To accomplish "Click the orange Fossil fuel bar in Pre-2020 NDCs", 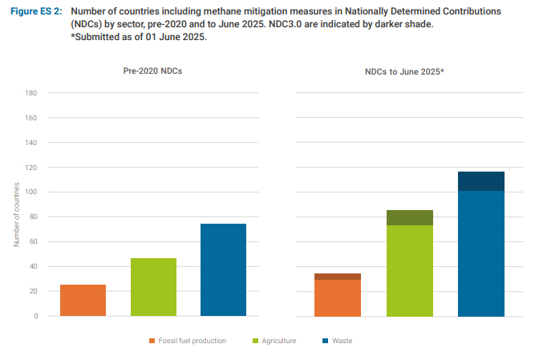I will coord(83,300).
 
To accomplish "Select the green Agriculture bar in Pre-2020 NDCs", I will coord(153,286).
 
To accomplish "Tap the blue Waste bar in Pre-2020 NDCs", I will coord(223,269).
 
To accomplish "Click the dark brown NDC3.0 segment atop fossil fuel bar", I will coord(338,277).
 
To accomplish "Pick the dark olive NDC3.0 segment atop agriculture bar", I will coord(409,217).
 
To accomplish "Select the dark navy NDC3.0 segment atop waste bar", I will coord(481,181).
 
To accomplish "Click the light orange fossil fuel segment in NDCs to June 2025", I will coord(338,297).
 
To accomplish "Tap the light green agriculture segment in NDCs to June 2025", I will coord(409,270).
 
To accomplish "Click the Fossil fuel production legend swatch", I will coord(151,341).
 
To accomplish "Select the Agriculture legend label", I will coord(278,341).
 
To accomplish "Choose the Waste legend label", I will coord(342,341).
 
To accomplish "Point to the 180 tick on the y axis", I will coord(32,93).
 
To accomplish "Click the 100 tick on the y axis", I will coord(32,192).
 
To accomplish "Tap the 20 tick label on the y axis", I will coord(34,291).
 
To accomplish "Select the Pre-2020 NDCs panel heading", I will coord(152,71).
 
